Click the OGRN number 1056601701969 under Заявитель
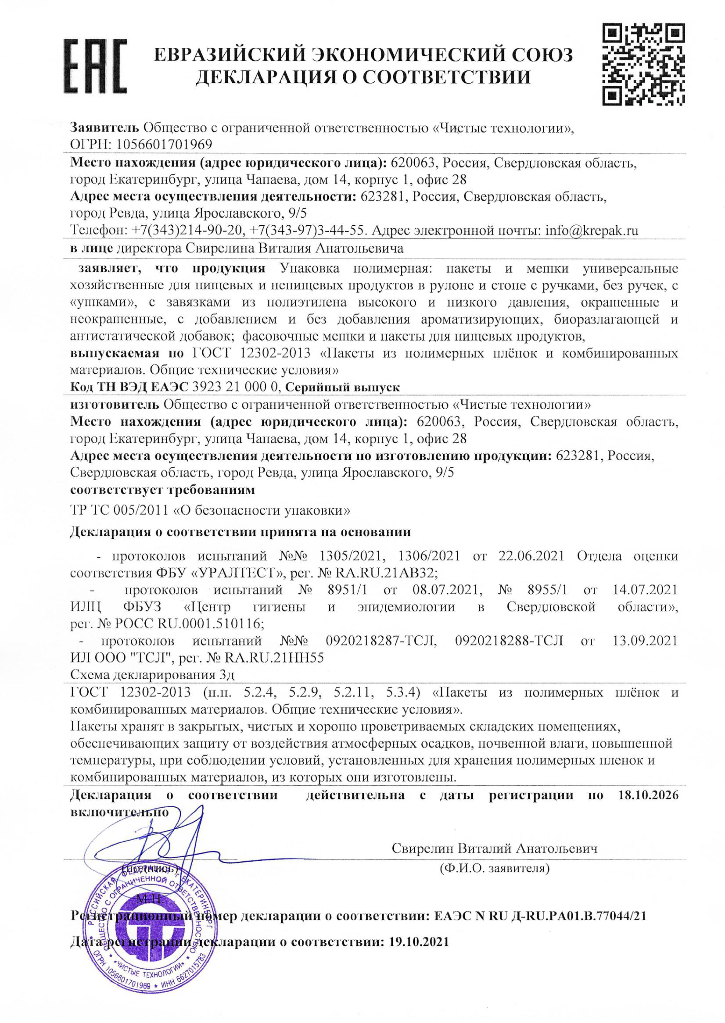164,145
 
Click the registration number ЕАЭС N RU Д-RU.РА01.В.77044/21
540,916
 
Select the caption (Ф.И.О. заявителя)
494,868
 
